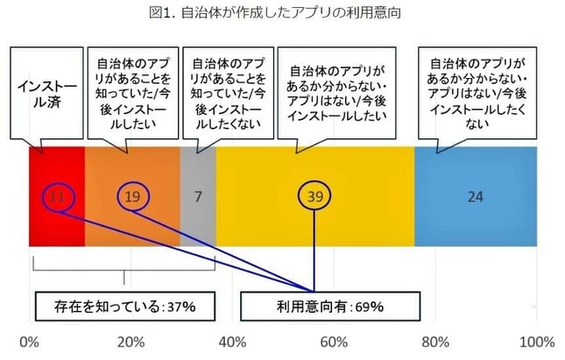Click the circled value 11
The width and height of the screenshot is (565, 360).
click(56, 196)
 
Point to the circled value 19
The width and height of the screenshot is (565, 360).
click(132, 196)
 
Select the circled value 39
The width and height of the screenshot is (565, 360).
click(314, 197)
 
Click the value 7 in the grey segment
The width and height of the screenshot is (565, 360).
click(197, 197)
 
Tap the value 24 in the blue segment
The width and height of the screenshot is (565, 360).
click(474, 197)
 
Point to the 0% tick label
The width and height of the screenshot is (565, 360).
click(29, 341)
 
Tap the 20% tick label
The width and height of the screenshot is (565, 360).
click(130, 341)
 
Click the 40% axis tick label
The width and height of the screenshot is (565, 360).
click(231, 341)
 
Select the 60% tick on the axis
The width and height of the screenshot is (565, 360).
click(333, 341)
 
